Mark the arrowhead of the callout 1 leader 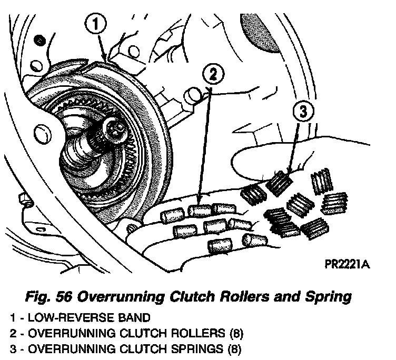point(107,60)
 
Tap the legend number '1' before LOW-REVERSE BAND point(12,318)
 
